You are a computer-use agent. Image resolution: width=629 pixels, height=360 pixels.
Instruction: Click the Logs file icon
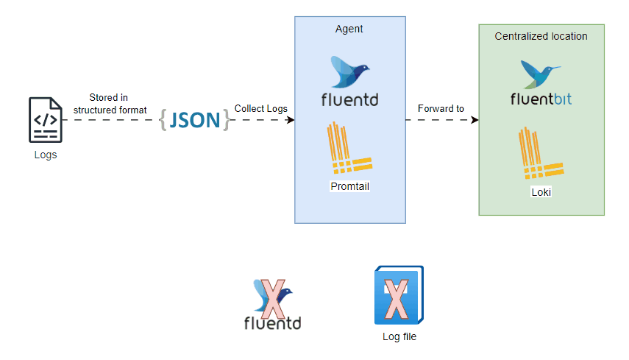click(45, 120)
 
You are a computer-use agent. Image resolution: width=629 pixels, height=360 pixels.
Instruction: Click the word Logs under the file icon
click(45, 155)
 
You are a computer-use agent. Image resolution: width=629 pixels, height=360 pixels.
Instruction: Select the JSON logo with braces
click(194, 120)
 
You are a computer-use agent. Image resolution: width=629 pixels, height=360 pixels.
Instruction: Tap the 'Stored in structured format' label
click(110, 103)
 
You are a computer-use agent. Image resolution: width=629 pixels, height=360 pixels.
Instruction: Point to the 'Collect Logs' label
click(260, 109)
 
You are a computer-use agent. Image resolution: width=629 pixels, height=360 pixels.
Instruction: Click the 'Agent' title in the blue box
click(349, 29)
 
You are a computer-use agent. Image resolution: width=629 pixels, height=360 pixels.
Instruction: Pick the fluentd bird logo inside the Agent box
click(350, 72)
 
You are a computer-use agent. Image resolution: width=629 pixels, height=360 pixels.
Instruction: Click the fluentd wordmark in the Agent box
click(350, 99)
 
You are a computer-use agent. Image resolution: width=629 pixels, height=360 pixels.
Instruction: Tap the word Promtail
click(349, 186)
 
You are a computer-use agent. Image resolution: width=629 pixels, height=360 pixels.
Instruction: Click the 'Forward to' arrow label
click(441, 109)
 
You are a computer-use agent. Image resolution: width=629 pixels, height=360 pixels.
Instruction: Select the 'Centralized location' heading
click(541, 36)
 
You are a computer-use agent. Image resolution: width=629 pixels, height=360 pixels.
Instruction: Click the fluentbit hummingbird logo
click(540, 74)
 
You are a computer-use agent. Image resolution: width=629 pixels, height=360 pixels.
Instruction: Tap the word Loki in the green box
click(541, 192)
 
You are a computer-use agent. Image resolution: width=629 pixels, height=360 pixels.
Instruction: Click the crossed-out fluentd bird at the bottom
click(271, 297)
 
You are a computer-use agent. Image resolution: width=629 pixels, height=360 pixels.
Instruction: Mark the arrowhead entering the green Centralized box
click(475, 120)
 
